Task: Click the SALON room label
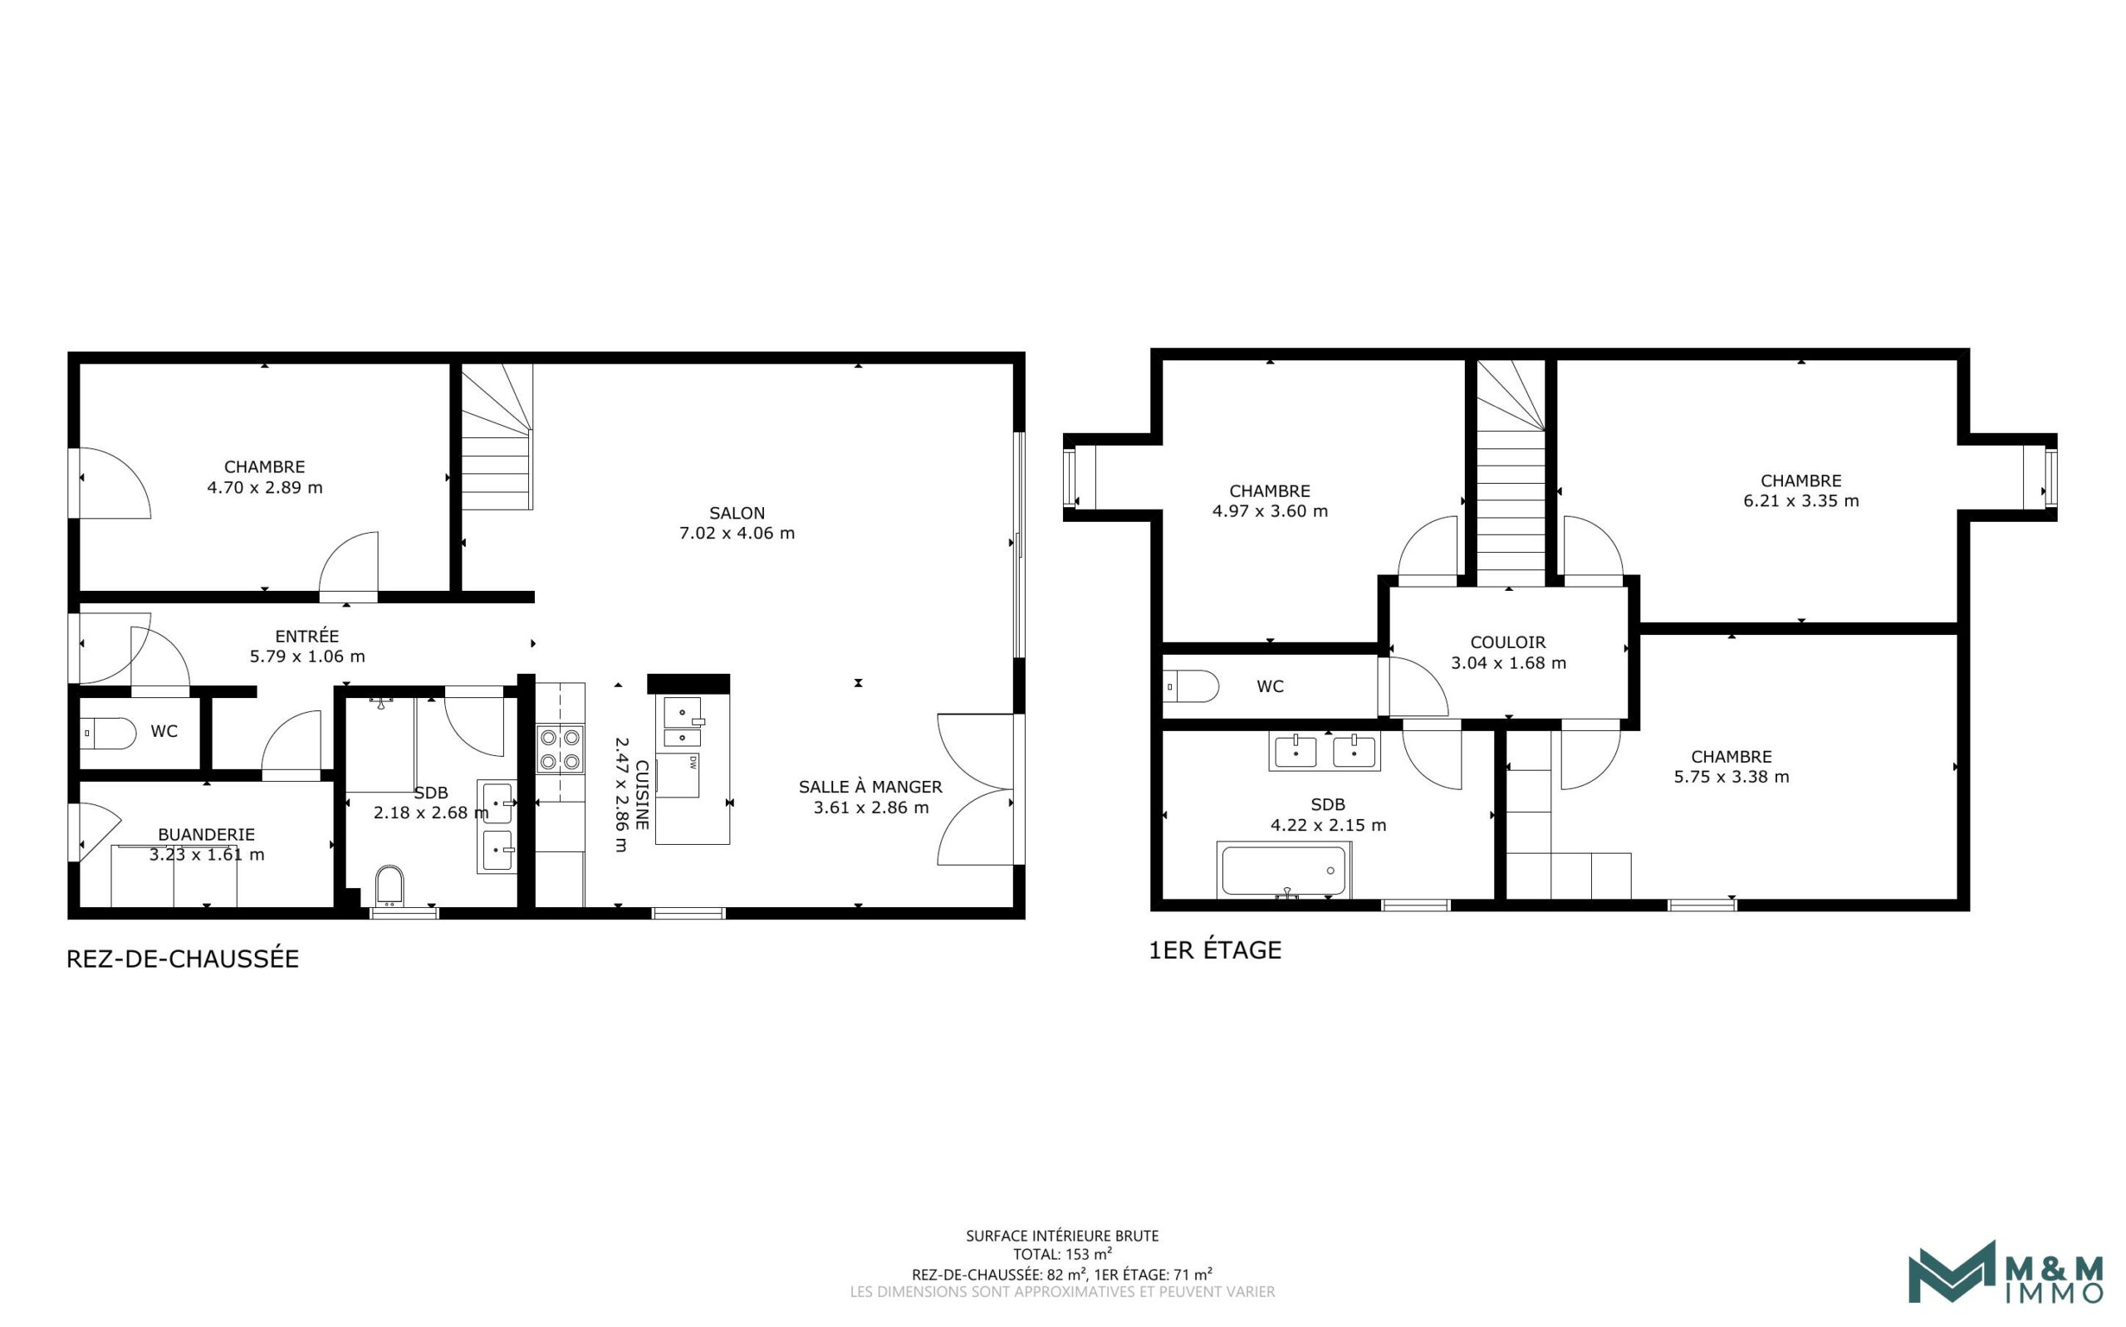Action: click(737, 513)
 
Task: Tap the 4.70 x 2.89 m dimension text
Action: click(264, 487)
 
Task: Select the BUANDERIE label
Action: click(206, 834)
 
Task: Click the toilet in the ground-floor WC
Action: click(108, 733)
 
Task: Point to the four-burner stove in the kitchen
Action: click(561, 749)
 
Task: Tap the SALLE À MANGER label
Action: click(870, 788)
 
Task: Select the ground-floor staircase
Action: click(497, 439)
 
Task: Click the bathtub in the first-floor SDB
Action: click(1283, 871)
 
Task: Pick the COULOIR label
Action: click(1508, 642)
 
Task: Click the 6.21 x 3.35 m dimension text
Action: click(1800, 501)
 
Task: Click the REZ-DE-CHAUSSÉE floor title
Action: click(183, 959)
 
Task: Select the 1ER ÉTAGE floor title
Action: click(1214, 950)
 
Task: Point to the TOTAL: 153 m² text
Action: click(1061, 1254)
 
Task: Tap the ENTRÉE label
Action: click(306, 637)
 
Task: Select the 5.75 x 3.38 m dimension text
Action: click(1731, 777)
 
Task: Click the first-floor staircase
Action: click(1510, 491)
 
